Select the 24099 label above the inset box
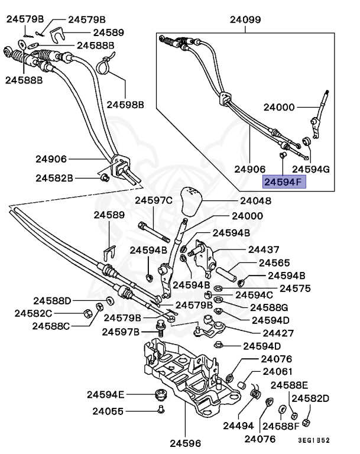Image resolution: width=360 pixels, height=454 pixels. click(245, 20)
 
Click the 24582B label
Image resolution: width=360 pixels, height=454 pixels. click(54, 177)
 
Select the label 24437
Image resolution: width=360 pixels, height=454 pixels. click(264, 250)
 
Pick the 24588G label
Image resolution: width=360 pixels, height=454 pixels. click(269, 307)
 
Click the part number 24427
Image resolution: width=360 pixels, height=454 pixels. click(271, 333)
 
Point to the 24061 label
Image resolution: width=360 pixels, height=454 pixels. click(277, 372)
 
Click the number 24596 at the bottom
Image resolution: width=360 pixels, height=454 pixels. click(184, 442)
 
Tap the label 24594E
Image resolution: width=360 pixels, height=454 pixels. click(106, 394)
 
